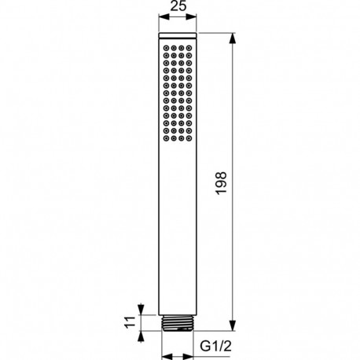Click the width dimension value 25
tap(180, 8)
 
